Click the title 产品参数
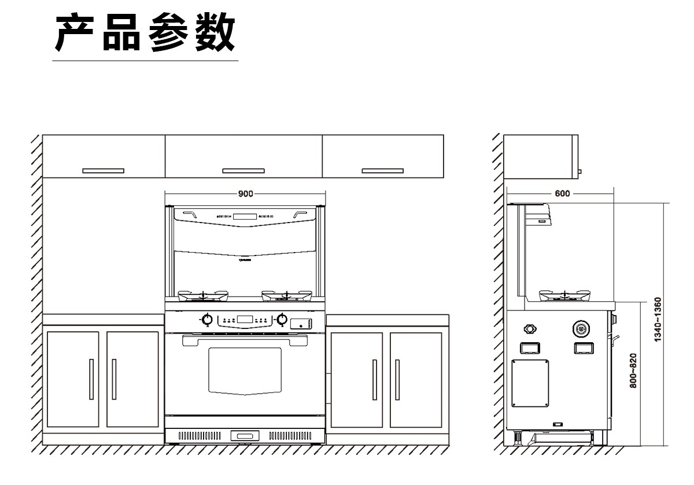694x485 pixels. pos(145,34)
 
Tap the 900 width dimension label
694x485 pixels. pos(246,194)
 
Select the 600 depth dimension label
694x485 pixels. pos(562,194)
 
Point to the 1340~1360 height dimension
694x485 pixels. pos(658,320)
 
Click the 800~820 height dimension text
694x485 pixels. pos(633,371)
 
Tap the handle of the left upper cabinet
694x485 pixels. pos(103,171)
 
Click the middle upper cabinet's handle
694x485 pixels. pos(243,171)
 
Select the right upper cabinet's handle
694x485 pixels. pos(382,171)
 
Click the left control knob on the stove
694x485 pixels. pos(206,319)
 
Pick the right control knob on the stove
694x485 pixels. pos(282,319)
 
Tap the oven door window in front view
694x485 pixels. pos(245,370)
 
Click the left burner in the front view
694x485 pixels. pos(203,297)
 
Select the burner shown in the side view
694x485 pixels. pos(564,296)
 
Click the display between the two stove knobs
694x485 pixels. pos(245,319)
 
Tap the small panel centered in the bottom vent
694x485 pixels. pos(245,435)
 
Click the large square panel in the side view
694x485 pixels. pos(530,383)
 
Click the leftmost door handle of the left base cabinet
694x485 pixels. pos(91,379)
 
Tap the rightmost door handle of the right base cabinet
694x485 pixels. pos(397,379)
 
